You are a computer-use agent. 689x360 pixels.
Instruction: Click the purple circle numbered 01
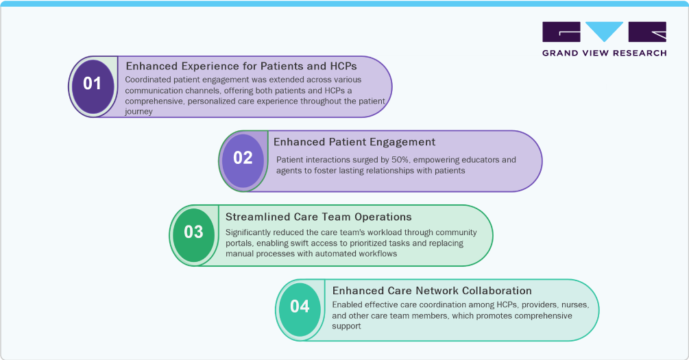tap(92, 84)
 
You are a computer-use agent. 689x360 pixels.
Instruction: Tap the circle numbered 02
tap(243, 158)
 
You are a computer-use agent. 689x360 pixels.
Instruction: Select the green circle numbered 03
tap(193, 232)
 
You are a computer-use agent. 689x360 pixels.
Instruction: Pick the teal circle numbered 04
tap(300, 307)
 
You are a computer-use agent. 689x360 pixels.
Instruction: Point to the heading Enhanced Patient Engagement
tap(354, 142)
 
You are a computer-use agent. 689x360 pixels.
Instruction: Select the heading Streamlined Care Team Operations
tap(318, 217)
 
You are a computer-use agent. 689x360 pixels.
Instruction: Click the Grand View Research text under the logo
tap(604, 53)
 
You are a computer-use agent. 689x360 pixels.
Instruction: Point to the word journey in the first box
tap(138, 112)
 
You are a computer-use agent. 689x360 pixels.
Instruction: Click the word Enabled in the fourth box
tap(348, 304)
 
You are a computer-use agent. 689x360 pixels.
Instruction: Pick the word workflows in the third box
tap(376, 254)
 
